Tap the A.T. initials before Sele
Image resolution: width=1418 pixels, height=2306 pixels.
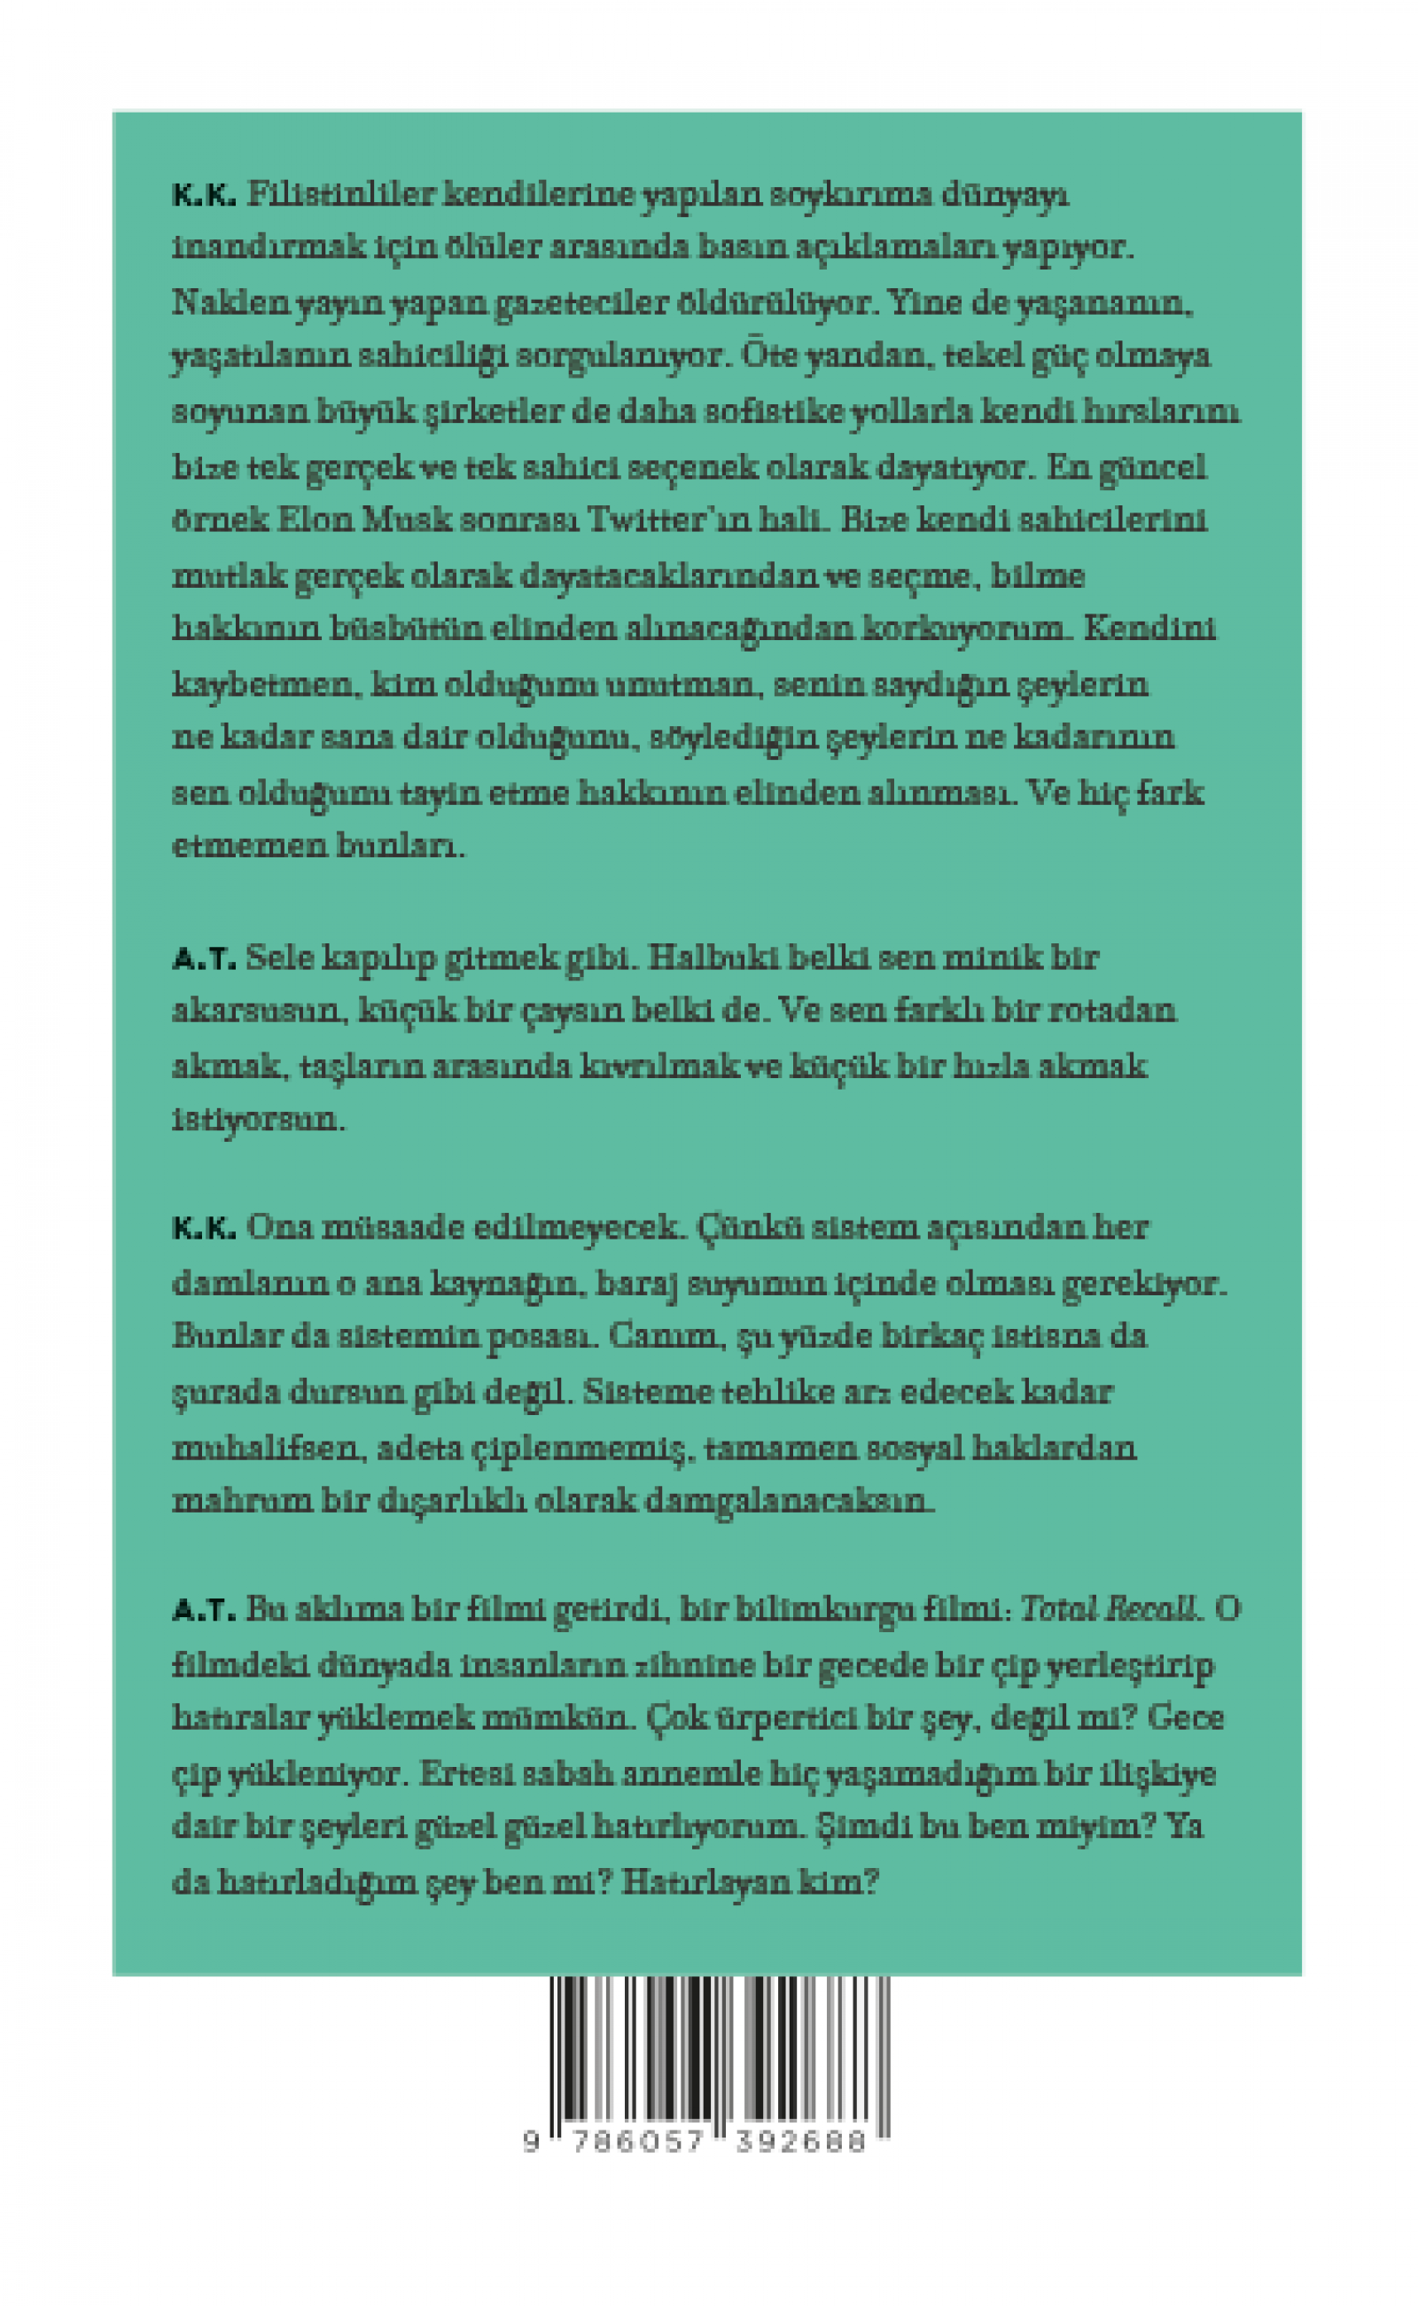tap(204, 958)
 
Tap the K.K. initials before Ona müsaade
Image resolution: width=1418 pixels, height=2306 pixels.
tap(204, 1230)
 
